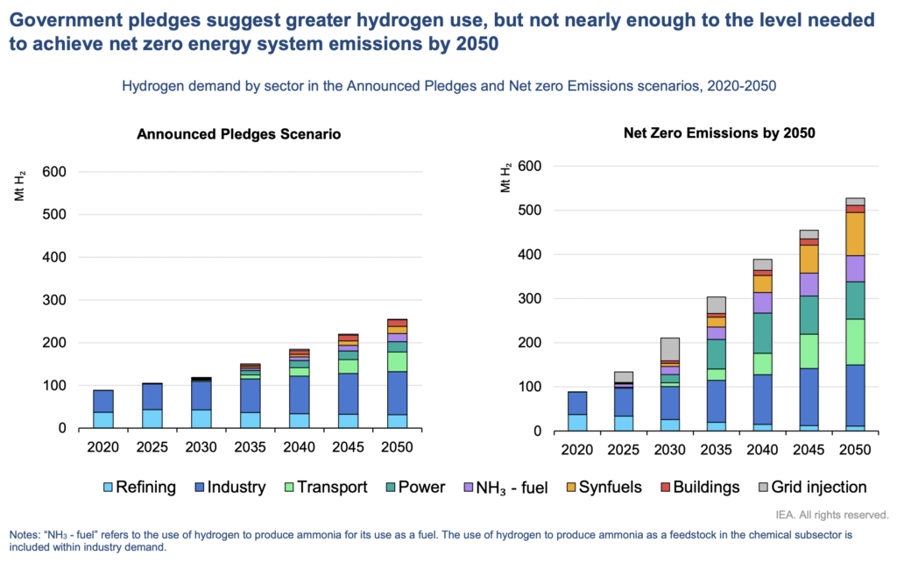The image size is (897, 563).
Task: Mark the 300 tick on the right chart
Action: [x=530, y=299]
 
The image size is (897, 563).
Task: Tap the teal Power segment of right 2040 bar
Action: [x=762, y=332]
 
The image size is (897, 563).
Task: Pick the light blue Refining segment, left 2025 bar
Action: [x=152, y=418]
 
